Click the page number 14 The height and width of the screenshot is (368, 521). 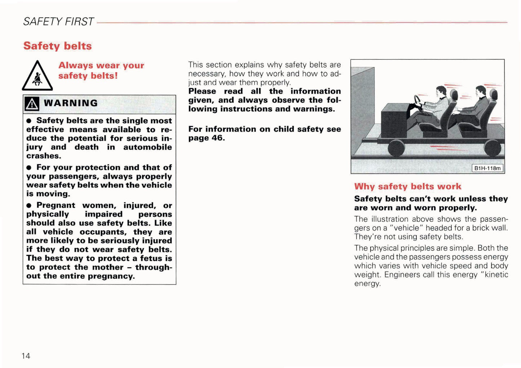[26, 356]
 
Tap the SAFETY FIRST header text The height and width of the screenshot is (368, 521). [58, 22]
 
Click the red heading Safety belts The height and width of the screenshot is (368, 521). [58, 46]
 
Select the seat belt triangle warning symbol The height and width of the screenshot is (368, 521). [37, 77]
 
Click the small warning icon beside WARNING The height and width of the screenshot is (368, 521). [32, 104]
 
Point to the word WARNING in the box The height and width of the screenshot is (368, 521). [71, 103]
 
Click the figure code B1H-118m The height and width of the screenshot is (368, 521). [487, 168]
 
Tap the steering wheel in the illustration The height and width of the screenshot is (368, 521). [418, 100]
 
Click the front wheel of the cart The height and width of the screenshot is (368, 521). [396, 148]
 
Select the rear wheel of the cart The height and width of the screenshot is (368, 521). [493, 148]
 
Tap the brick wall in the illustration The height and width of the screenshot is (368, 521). [362, 108]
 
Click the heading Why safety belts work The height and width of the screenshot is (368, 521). [407, 187]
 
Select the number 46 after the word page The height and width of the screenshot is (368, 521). [218, 138]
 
